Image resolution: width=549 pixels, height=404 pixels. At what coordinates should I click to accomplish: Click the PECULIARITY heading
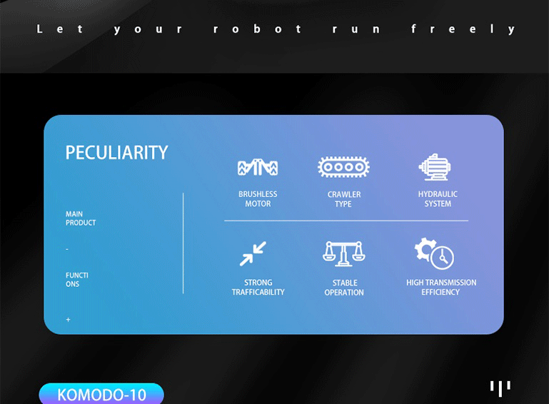116,153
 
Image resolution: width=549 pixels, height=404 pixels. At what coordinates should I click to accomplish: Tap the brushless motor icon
258,167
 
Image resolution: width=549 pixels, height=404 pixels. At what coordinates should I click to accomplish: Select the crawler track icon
343,166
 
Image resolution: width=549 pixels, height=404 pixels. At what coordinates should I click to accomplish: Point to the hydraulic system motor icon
435,167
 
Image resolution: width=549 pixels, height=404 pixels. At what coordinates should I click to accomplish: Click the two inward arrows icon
253,253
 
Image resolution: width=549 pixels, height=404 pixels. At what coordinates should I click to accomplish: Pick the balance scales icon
344,254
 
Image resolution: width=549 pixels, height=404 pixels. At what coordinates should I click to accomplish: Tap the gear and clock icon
434,254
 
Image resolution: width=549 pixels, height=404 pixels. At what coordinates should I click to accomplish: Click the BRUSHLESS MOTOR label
258,199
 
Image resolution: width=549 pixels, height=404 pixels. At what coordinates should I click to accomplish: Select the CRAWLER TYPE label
344,199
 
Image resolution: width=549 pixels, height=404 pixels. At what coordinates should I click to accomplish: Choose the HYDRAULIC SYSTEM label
438,199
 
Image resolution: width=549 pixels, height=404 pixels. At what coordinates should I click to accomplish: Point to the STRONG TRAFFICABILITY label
258,287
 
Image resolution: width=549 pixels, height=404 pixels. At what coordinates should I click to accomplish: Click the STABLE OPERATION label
344,288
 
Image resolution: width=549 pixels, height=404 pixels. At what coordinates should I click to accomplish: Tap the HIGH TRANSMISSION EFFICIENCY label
441,287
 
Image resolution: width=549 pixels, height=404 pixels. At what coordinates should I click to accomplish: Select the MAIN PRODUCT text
81,218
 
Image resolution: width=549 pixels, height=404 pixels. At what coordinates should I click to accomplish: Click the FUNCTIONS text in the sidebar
76,279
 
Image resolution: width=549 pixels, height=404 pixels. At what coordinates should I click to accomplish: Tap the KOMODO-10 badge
101,394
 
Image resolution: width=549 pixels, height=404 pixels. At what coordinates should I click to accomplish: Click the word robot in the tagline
257,29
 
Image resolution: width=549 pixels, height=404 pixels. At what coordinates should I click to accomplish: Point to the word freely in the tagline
463,29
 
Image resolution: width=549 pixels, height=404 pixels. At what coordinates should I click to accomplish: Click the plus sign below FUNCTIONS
68,320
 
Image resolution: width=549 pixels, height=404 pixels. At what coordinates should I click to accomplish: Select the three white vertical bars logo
500,388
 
